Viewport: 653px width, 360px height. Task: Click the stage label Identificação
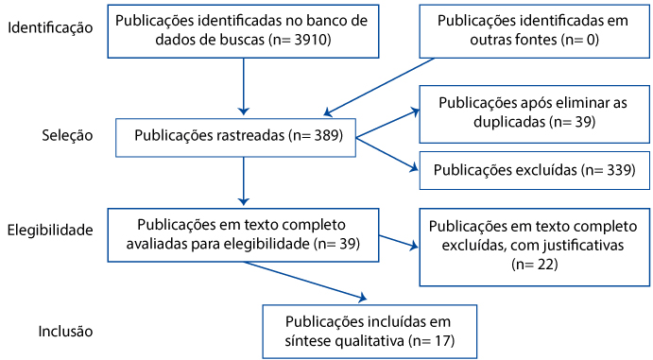[x=50, y=28]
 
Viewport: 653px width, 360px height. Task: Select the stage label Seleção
[x=67, y=136]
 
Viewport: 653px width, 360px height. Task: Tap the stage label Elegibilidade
[x=50, y=230]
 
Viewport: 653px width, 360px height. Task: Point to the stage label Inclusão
[x=65, y=332]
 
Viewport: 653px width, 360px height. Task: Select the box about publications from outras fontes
[x=534, y=31]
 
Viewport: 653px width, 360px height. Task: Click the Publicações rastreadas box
[x=235, y=138]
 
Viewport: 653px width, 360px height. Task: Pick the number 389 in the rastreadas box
[x=326, y=136]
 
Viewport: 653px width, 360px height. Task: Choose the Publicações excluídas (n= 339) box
[x=534, y=170]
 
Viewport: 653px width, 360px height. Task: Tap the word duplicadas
[x=509, y=122]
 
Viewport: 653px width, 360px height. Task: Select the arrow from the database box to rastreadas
[x=243, y=87]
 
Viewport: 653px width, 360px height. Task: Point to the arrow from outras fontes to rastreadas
[x=379, y=87]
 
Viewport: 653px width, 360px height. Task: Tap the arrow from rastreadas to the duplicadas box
[x=387, y=123]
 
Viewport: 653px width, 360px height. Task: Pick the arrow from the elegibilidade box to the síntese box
[x=305, y=281]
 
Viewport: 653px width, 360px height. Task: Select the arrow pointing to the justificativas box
[x=399, y=243]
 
